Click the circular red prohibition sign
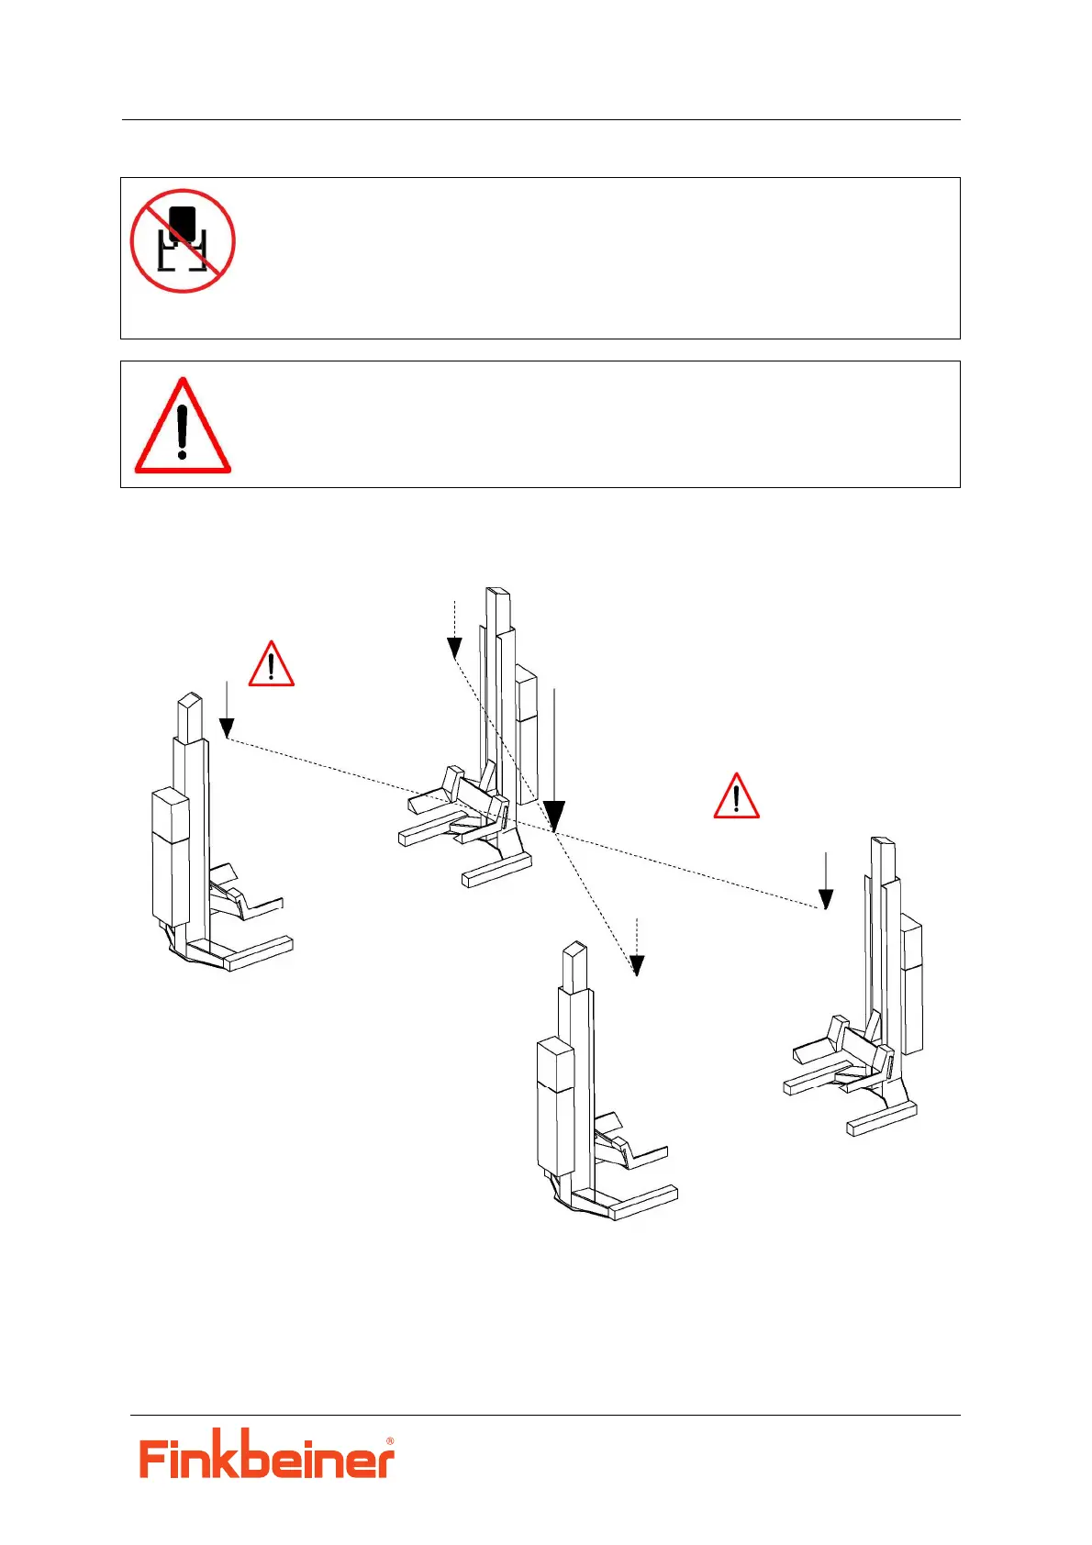click(x=183, y=241)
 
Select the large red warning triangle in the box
click(x=183, y=428)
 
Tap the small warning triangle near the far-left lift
click(x=271, y=665)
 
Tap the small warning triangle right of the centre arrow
click(x=736, y=797)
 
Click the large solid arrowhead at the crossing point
click(x=554, y=815)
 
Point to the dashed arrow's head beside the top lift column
click(x=454, y=649)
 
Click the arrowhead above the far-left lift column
click(x=227, y=728)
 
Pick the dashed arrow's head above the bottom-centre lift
click(x=637, y=965)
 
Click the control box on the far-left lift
click(x=170, y=855)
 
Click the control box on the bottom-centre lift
click(x=554, y=1106)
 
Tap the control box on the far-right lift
click(x=912, y=986)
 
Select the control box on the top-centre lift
click(x=526, y=734)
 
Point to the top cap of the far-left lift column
click(x=190, y=705)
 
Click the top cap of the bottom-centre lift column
click(x=574, y=954)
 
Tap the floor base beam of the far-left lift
click(x=260, y=952)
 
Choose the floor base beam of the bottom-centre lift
click(x=644, y=1202)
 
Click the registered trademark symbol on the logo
click(x=390, y=1441)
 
